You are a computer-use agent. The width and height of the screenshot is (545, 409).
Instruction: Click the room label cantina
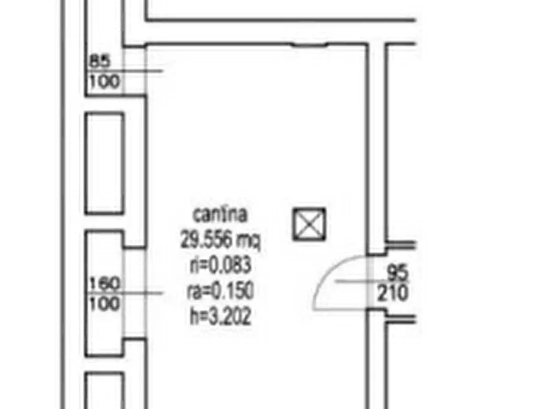(220, 215)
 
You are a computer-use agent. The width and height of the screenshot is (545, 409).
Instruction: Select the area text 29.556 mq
(220, 240)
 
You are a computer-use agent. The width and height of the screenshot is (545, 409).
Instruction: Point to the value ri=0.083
(220, 265)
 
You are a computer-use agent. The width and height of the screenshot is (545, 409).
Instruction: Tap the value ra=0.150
(220, 291)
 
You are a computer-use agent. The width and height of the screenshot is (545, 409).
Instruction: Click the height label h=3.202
(220, 316)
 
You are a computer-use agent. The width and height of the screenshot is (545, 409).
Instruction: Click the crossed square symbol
(309, 224)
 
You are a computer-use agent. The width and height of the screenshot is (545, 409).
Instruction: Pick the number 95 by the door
(397, 272)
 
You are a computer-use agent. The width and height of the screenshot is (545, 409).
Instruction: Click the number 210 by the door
(393, 292)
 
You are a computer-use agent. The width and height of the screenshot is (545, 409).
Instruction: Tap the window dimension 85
(99, 61)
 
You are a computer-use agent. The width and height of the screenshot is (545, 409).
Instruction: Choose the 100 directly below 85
(104, 81)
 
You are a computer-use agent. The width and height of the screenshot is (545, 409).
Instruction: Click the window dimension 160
(104, 283)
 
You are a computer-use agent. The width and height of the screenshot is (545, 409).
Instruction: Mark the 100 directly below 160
(104, 303)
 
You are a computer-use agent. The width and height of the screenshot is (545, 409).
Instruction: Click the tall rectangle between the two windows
(104, 163)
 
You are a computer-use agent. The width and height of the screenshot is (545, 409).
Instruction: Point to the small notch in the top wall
(309, 45)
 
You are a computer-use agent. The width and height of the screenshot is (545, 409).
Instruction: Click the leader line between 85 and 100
(125, 71)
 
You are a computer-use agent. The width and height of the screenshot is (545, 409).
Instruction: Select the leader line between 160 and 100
(125, 293)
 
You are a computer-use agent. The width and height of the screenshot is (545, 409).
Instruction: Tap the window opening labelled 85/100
(135, 71)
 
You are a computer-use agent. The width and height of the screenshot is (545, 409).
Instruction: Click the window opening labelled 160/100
(135, 293)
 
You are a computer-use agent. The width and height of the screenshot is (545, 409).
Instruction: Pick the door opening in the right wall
(377, 283)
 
